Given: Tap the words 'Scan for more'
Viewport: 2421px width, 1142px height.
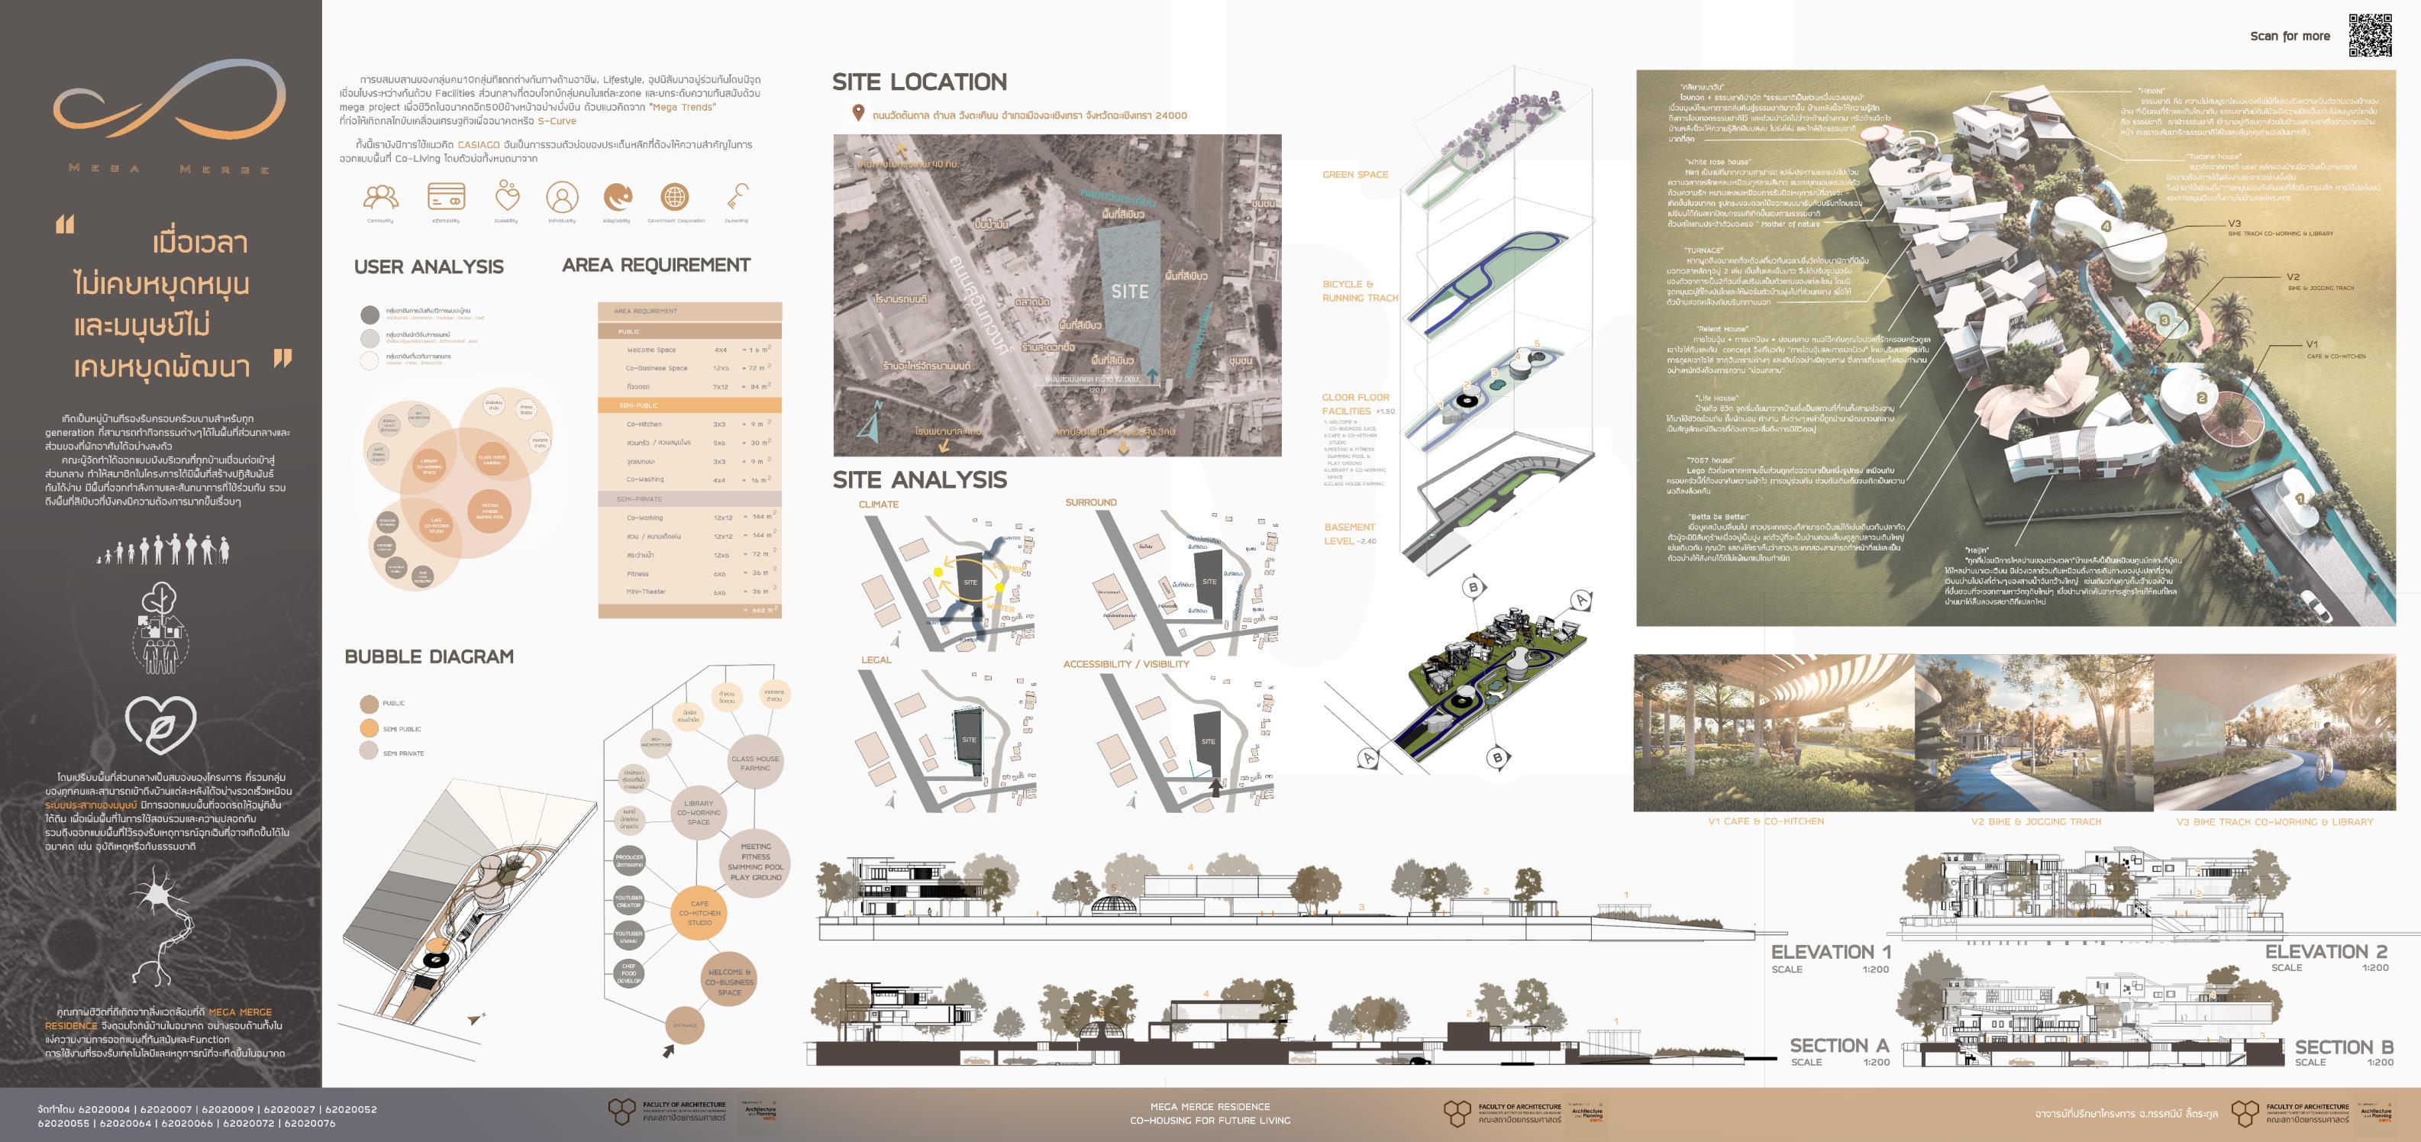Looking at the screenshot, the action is coord(2290,37).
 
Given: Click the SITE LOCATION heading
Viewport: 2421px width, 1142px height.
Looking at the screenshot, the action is coord(918,82).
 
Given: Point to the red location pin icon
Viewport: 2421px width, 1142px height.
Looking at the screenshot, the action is coord(857,114).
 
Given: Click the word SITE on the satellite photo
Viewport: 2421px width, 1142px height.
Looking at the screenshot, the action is coord(1130,292).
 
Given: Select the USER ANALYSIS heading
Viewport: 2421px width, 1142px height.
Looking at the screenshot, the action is coord(428,267).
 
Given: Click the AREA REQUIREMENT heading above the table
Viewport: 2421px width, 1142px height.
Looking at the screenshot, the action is coord(656,265).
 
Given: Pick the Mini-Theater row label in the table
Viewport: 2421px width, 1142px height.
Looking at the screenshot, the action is coord(646,592).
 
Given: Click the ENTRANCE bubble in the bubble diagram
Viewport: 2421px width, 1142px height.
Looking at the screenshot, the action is coord(685,1025).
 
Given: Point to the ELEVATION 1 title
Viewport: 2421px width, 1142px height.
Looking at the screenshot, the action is coord(1830,952).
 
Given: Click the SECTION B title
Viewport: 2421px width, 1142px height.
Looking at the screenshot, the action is coord(2344,1047).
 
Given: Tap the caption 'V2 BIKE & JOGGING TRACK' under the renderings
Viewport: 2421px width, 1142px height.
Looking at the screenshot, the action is coord(2035,821).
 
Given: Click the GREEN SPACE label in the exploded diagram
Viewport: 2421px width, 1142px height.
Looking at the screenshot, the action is coord(1354,175).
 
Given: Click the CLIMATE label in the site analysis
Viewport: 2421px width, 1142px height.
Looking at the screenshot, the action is coord(878,505).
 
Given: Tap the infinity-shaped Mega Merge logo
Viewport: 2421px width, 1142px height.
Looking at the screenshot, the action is coord(169,103).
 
